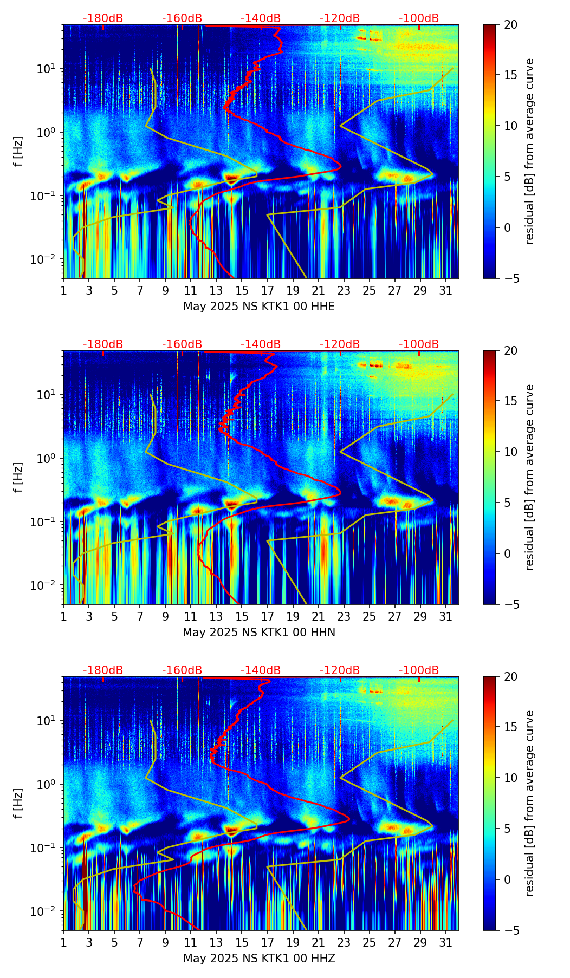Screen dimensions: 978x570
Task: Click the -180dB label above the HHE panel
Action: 103,18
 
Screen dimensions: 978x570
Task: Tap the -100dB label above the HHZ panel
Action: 419,670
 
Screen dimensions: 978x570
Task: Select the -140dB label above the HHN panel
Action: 261,344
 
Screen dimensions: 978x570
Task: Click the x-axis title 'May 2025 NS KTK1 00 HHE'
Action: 259,307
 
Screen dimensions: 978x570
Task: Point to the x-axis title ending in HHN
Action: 259,633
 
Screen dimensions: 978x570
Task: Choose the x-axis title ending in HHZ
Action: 259,959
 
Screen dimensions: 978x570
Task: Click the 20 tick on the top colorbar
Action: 510,25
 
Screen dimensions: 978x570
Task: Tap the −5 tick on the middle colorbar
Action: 510,604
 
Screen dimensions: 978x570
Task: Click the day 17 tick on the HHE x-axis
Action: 268,290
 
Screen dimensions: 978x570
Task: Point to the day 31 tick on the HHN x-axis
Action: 446,616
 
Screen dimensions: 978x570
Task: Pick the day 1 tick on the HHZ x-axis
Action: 63,942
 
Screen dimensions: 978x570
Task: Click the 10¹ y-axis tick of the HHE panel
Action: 51,69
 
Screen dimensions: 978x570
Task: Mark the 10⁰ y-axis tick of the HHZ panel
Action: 51,784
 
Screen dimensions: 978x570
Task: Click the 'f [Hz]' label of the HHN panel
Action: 19,477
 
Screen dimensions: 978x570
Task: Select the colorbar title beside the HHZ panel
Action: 530,803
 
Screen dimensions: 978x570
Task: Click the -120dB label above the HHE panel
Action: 340,18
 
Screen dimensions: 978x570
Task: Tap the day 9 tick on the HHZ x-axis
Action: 165,942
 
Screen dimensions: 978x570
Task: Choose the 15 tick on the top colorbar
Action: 510,75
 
